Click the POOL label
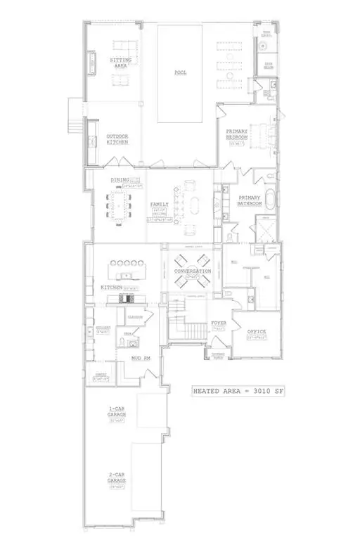[181, 72]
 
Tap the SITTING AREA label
[120, 63]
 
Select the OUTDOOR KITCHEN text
[117, 139]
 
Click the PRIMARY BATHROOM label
[250, 200]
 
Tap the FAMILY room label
[160, 205]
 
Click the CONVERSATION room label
[193, 271]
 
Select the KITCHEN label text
[111, 288]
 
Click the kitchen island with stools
[126, 271]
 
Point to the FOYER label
[219, 323]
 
